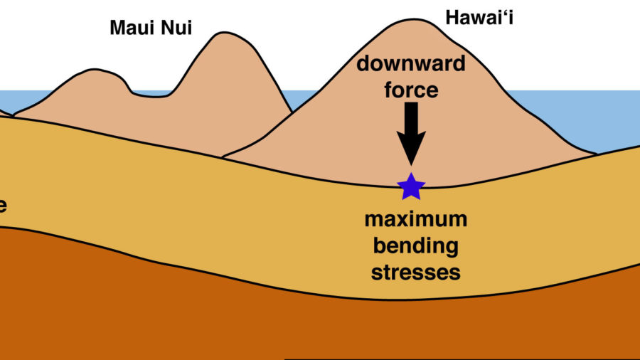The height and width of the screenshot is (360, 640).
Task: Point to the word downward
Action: click(411, 64)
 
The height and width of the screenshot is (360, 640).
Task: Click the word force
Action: click(411, 90)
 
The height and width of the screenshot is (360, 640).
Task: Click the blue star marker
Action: click(411, 186)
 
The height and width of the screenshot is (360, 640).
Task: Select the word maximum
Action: click(416, 219)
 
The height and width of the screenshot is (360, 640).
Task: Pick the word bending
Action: click(416, 245)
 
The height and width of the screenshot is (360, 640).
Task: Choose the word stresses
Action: click(416, 272)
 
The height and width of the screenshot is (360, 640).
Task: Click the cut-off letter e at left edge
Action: click(3, 206)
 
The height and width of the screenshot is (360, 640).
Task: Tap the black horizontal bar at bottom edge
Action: click(462, 359)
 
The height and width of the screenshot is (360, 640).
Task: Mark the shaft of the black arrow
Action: click(411, 117)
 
